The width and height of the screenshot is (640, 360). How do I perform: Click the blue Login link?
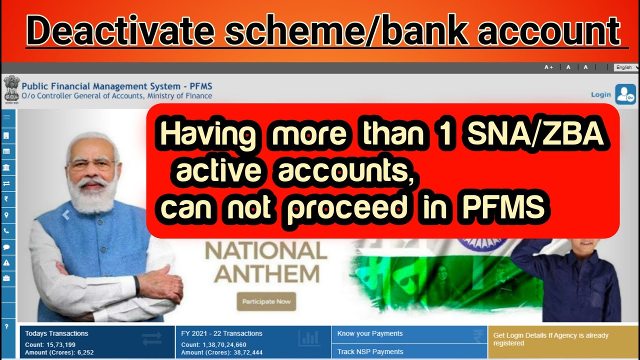click(600, 94)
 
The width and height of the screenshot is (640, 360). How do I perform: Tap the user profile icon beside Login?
click(625, 94)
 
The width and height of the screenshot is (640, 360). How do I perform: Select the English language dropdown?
click(626, 67)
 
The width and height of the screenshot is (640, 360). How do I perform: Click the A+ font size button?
click(548, 67)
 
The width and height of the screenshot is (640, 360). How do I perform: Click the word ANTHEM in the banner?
click(270, 274)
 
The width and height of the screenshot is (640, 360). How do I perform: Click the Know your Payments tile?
click(370, 333)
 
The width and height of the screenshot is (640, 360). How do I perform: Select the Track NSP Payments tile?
click(370, 351)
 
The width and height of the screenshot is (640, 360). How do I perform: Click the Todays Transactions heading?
click(56, 333)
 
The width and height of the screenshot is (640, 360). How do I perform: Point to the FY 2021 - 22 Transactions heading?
click(221, 333)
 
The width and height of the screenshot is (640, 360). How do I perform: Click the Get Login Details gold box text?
click(550, 339)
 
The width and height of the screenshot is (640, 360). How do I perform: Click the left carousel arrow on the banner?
click(65, 215)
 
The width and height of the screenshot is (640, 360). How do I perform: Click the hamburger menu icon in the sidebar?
click(7, 117)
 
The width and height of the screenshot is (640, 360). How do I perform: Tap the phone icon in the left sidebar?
click(7, 231)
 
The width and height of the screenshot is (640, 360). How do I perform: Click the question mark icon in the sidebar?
click(7, 326)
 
